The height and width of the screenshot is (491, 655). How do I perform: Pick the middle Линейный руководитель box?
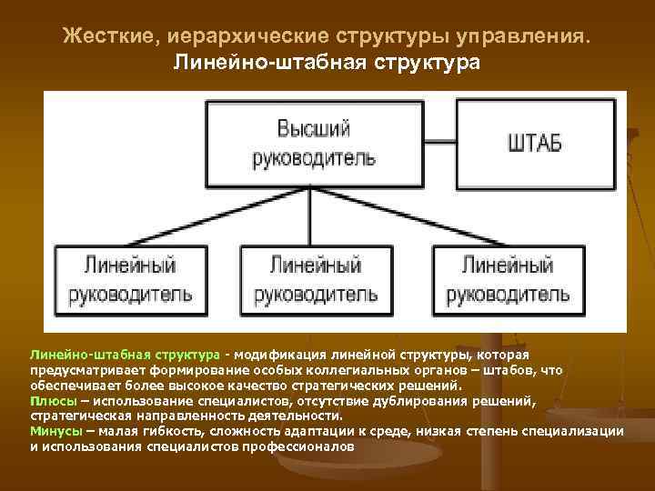click(316, 279)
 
